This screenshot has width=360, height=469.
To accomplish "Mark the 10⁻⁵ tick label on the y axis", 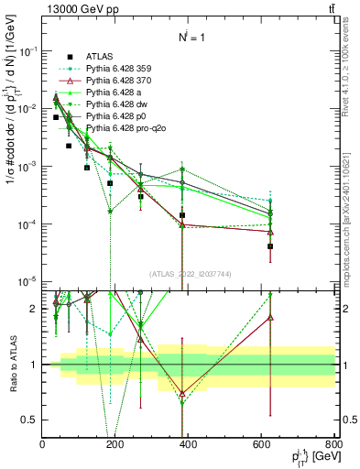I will tap(26, 281).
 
